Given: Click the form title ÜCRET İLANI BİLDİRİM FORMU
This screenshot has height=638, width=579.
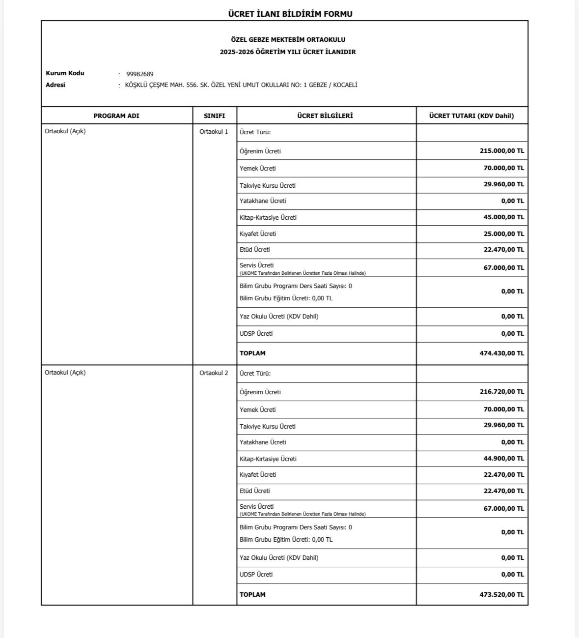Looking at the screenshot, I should pos(290,14).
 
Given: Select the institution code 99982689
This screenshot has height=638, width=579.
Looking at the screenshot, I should pos(140,74).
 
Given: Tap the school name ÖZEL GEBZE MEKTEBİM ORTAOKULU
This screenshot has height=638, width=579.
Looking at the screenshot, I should pos(288,40).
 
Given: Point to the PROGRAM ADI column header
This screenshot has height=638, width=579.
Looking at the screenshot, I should pos(116,116).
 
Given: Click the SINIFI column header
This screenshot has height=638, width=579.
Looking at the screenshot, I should pos(214,116).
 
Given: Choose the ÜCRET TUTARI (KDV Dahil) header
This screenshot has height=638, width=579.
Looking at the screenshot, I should pos(471,116).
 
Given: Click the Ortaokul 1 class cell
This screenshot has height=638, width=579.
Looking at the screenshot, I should pos(214,132).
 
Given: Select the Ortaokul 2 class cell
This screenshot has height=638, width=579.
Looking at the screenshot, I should pos(214,373).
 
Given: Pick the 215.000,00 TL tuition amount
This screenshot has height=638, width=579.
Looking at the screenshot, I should pos(501,151).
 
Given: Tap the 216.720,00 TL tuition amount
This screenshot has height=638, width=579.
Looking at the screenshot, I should pos(501,392).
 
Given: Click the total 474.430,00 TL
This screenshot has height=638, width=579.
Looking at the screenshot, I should pos(501,353).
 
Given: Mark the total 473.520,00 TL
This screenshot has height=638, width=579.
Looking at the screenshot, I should pos(501,594).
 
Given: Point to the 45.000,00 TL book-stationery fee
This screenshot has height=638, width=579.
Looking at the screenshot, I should pos(503,217).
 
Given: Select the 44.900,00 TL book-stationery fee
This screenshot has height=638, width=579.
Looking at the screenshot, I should pos(503,459).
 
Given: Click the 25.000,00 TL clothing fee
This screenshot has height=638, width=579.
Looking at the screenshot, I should pos(503,234).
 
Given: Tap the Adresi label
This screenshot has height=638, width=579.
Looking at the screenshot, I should pos(55,85).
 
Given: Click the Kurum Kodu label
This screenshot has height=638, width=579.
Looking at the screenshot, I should pos(65,73).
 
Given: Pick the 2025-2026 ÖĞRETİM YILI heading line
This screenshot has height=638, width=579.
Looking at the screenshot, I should pos(288,52).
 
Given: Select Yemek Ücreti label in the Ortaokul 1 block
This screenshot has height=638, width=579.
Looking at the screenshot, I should pos(257,169).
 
